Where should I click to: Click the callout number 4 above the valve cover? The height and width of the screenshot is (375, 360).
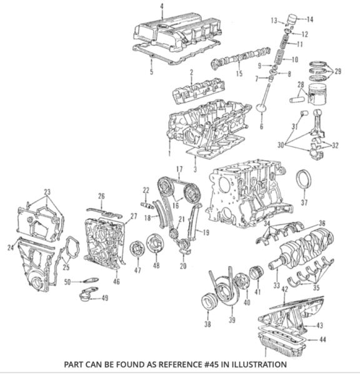pyautogui.click(x=161, y=7)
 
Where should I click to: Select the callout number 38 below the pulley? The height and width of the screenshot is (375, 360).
pyautogui.click(x=207, y=324)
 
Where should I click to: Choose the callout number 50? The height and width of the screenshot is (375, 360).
pyautogui.click(x=67, y=282)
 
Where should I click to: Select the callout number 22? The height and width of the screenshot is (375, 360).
pyautogui.click(x=145, y=190)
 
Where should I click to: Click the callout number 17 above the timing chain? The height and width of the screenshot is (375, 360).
pyautogui.click(x=179, y=169)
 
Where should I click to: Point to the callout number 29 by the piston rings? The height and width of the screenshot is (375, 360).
pyautogui.click(x=338, y=72)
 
